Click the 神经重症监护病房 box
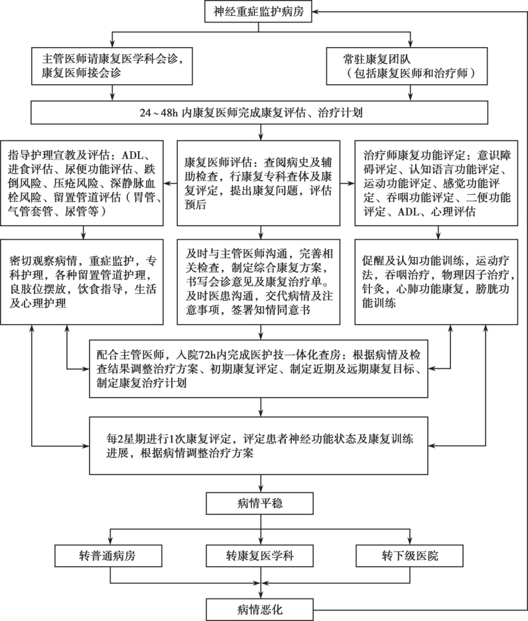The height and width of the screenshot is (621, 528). coord(259,11)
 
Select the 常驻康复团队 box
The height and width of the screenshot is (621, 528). coord(407,66)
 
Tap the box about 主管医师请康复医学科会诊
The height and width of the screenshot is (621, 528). coord(112,66)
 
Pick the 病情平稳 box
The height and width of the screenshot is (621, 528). coord(259,504)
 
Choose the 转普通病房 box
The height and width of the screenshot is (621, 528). coord(108,555)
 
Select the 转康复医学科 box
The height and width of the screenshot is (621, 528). coord(259,555)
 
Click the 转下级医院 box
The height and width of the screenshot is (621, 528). coord(409,555)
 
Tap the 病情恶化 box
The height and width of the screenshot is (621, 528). coord(259,610)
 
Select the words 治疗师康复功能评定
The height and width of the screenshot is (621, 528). coord(414,155)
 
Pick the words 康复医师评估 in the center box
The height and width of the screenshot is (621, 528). coord(218,162)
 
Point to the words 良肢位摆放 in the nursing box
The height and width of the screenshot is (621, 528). coord(38,289)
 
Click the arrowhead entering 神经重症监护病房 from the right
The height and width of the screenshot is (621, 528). coord(315,11)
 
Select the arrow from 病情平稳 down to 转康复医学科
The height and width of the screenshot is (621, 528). coord(261,530)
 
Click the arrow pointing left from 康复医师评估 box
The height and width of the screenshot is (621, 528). coord(170,184)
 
